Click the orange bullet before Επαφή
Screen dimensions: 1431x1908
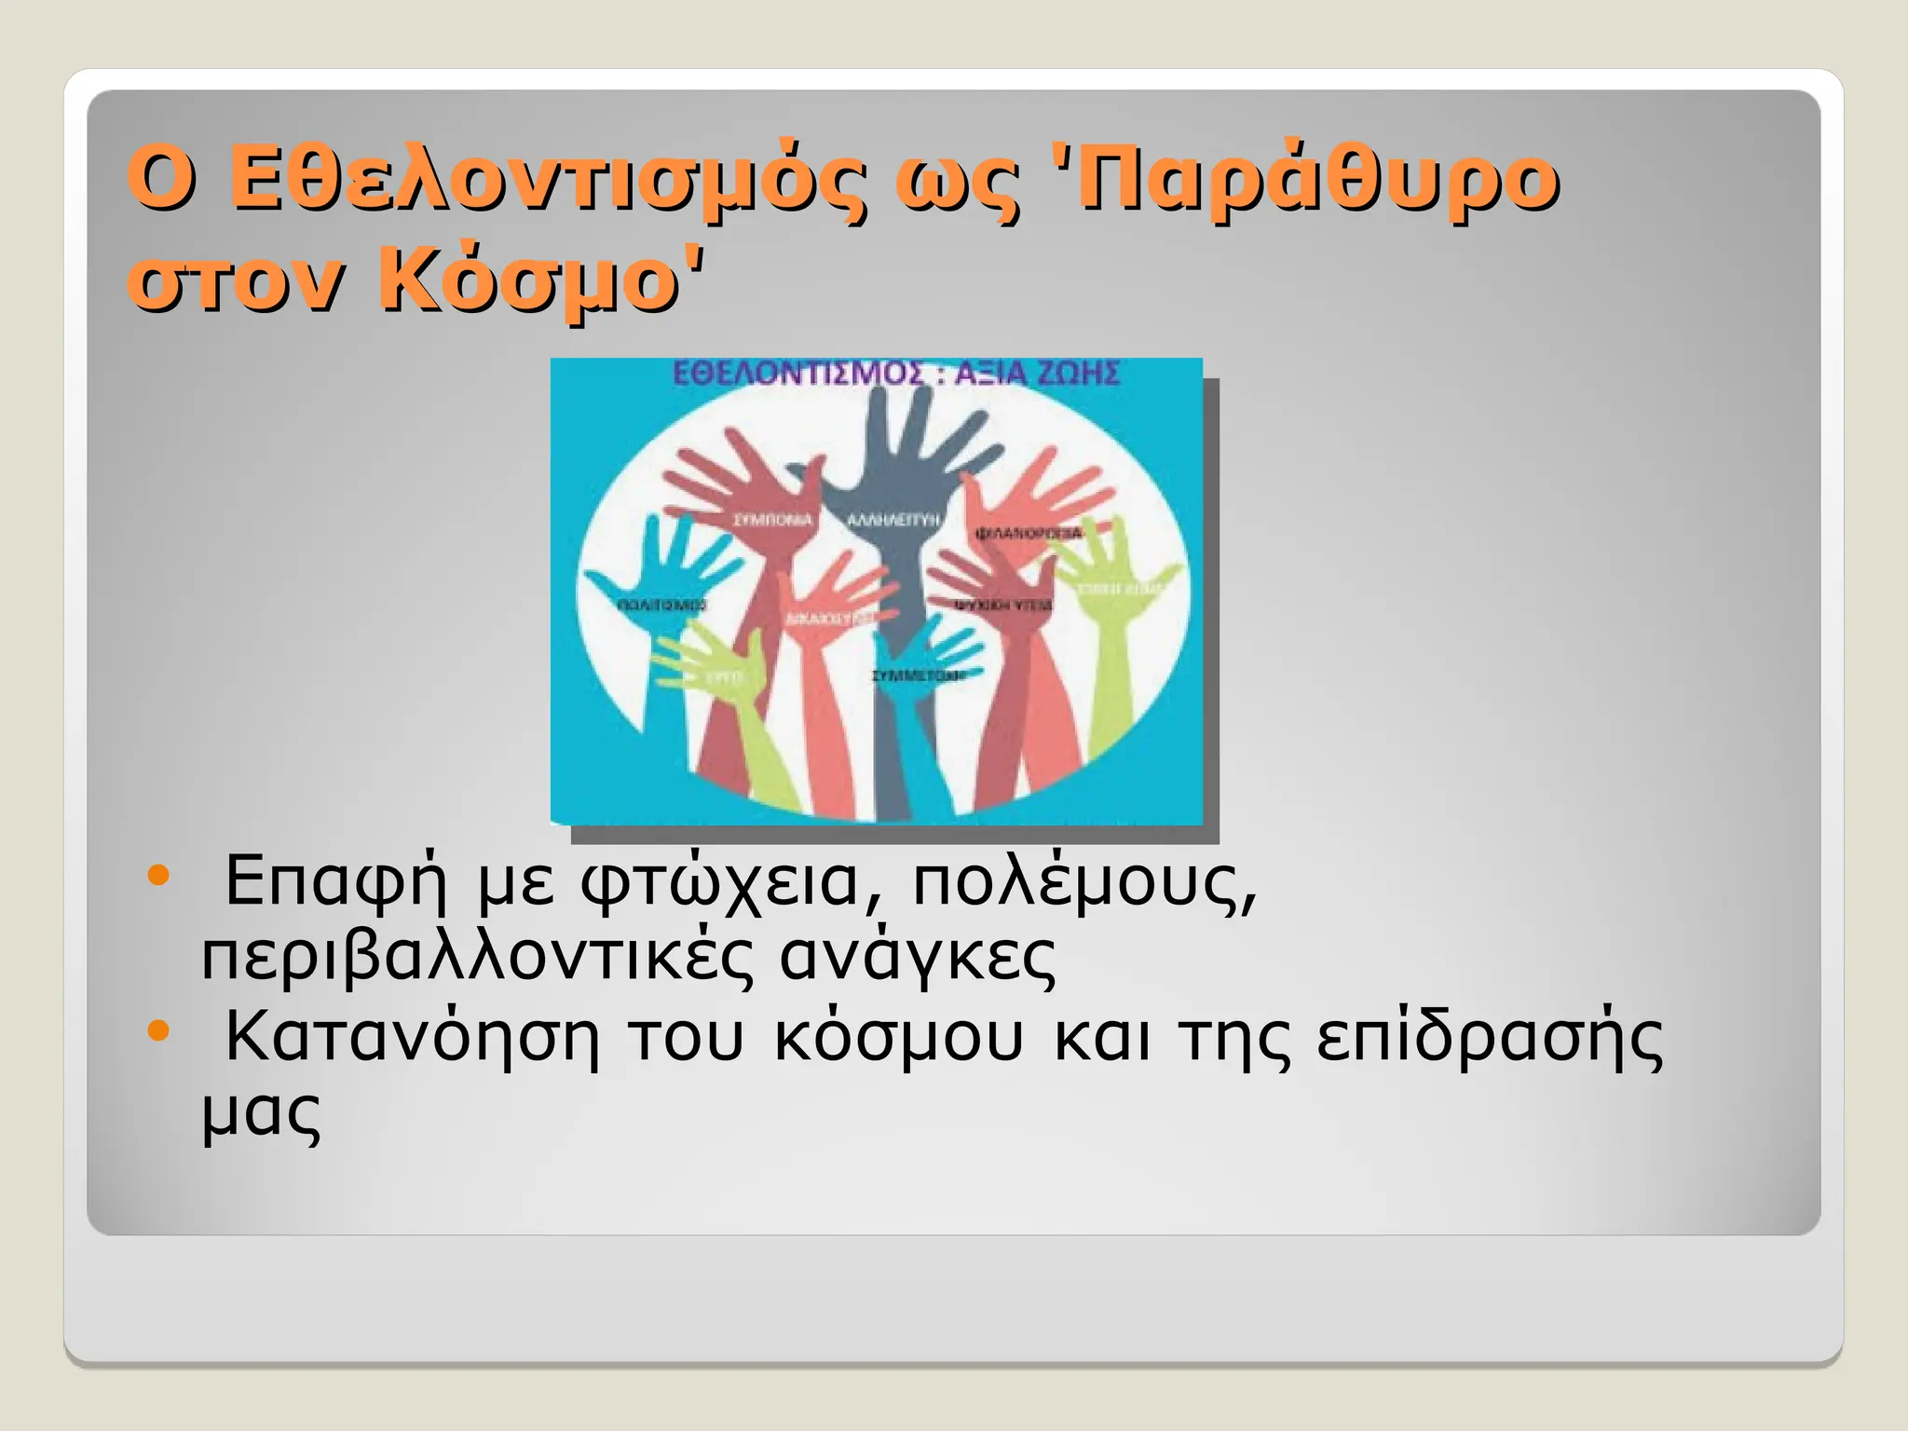pyautogui.click(x=159, y=875)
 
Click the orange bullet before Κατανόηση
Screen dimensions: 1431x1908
pyautogui.click(x=159, y=1029)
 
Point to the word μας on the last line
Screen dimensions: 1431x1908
pyautogui.click(x=262, y=1112)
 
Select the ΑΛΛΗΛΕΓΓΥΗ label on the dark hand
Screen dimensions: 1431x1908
pyautogui.click(x=893, y=520)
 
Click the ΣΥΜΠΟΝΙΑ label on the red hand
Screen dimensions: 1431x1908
pyautogui.click(x=772, y=520)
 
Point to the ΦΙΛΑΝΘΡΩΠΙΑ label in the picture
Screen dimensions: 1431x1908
pyautogui.click(x=1029, y=533)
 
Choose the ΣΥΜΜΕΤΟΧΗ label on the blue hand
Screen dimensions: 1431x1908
pyautogui.click(x=917, y=675)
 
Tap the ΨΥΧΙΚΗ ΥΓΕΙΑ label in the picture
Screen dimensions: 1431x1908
pyautogui.click(x=1003, y=605)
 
